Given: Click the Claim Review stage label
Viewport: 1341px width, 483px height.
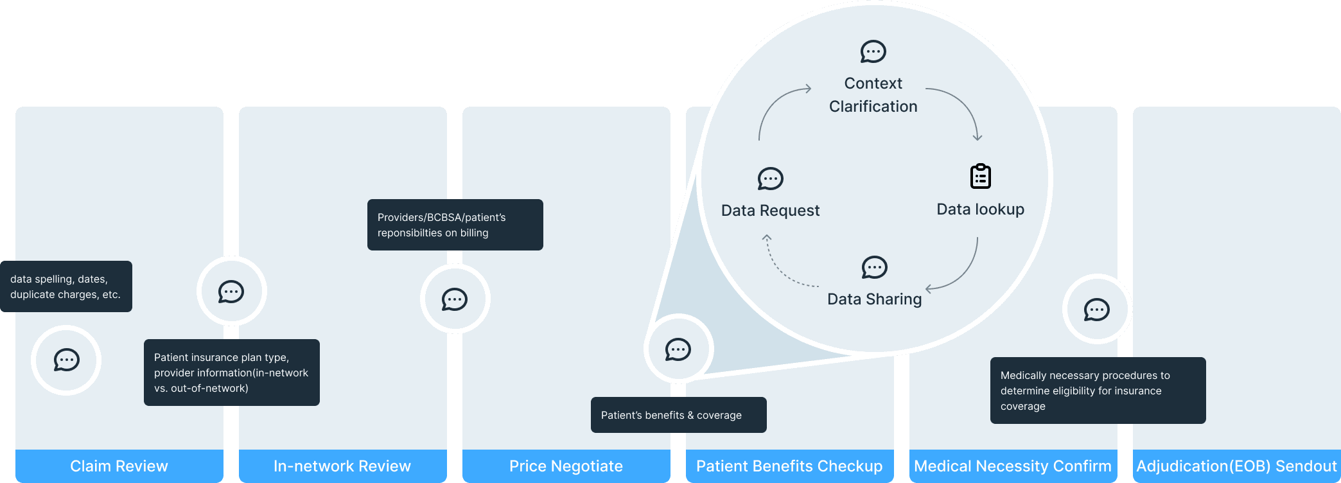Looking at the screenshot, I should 119,466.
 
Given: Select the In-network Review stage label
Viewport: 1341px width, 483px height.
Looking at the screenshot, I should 342,466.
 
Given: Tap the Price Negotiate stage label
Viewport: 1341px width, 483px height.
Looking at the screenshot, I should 566,466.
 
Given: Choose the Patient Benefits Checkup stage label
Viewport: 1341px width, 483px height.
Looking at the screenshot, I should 789,466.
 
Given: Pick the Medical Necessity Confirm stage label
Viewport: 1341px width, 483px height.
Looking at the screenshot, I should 1013,466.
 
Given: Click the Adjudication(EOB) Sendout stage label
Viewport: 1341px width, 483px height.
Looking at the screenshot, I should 1236,466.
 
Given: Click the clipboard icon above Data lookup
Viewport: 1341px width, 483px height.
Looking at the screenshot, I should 980,177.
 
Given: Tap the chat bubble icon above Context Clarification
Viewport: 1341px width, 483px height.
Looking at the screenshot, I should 873,51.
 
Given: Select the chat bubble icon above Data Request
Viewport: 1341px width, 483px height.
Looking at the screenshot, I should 770,179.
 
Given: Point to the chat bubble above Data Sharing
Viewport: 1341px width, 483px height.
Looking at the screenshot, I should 874,267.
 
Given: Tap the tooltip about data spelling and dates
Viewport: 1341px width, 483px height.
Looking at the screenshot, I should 66,286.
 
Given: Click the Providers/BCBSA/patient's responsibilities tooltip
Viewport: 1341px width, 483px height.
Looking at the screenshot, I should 455,225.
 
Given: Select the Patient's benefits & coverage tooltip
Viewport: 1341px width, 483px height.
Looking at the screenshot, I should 678,415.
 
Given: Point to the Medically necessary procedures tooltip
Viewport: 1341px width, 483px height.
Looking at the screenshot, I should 1098,391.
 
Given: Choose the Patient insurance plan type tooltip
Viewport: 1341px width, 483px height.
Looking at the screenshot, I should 231,373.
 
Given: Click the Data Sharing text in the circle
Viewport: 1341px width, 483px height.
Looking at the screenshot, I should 874,299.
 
